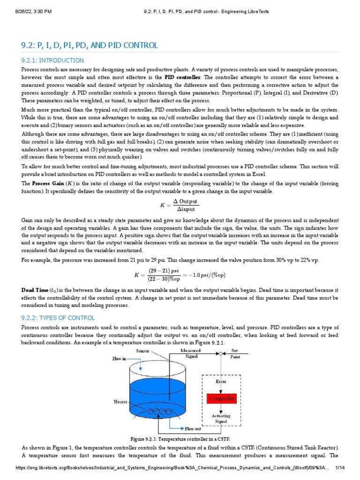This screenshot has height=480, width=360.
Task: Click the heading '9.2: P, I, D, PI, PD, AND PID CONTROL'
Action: (90, 45)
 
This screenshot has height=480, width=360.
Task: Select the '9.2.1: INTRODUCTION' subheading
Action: (52, 60)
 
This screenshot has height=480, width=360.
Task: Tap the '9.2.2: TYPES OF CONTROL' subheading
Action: (58, 318)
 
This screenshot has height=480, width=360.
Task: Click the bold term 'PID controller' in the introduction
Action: (182, 77)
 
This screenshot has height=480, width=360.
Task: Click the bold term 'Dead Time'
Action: (35, 290)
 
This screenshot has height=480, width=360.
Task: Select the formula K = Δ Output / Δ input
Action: (180, 205)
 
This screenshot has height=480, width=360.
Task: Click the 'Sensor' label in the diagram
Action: (142, 351)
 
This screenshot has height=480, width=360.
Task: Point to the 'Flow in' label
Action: (119, 359)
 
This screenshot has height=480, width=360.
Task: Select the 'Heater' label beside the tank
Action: (120, 402)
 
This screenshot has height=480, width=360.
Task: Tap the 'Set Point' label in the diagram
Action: (234, 353)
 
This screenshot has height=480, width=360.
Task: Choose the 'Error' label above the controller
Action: (221, 382)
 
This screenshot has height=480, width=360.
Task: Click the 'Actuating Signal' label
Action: (221, 419)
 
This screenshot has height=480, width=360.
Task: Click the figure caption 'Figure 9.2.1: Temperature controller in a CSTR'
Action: (180, 438)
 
